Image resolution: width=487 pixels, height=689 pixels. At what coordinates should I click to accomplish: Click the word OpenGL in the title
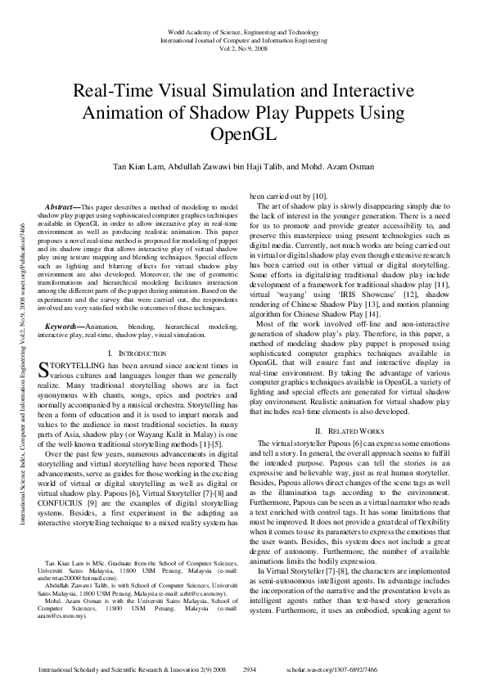click(x=243, y=131)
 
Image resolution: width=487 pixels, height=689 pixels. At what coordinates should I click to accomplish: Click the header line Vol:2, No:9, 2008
click(x=243, y=47)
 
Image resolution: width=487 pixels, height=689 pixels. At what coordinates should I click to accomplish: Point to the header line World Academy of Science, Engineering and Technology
click(x=243, y=30)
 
